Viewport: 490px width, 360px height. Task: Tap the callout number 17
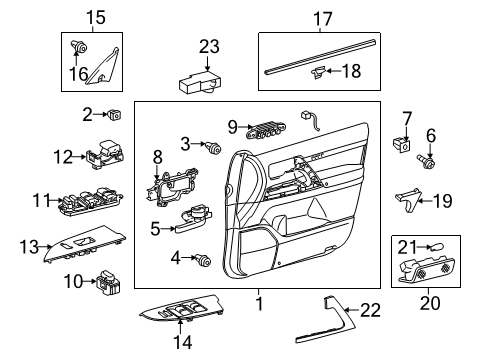[322, 17]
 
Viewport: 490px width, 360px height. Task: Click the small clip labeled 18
[317, 70]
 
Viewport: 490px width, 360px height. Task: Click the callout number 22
[369, 311]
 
